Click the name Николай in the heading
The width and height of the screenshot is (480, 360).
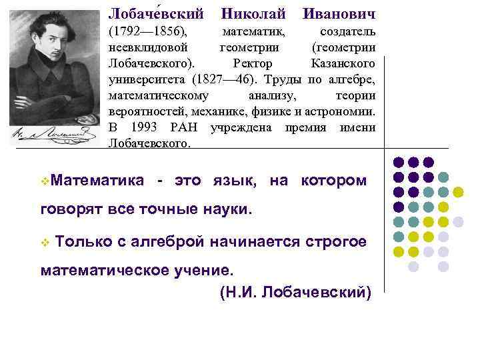click(253, 13)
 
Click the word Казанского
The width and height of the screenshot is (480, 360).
click(343, 63)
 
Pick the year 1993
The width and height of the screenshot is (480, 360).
click(145, 127)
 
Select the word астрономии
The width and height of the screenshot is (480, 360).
click(339, 111)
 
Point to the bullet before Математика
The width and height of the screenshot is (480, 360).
click(44, 181)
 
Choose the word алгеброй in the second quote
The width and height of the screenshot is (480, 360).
click(169, 241)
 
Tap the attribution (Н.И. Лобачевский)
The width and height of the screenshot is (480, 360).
click(294, 291)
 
